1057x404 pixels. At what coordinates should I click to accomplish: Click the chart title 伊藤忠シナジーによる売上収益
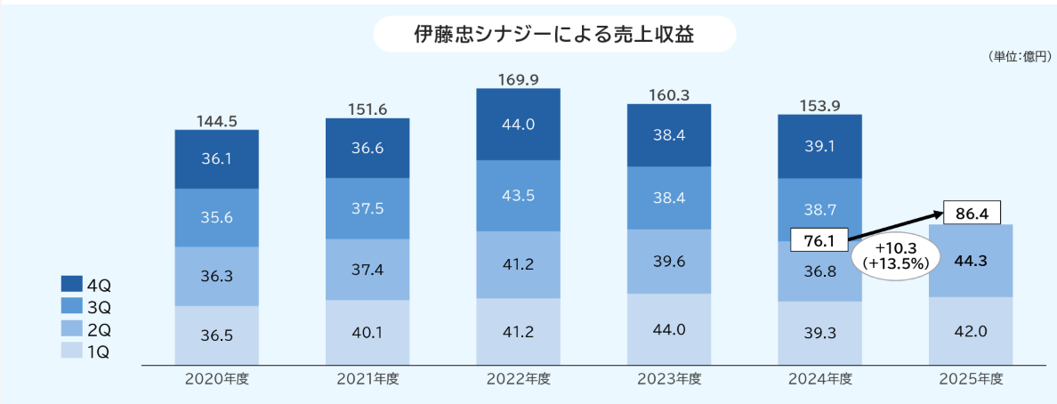553,35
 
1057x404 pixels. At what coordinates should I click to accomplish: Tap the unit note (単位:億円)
1018,57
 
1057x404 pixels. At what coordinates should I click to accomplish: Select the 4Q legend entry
85,285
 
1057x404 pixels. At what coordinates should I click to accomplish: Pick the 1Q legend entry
85,351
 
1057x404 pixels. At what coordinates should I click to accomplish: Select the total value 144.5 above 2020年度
216,121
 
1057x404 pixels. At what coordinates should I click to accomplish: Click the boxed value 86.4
971,214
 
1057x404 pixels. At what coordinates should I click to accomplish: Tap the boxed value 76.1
819,240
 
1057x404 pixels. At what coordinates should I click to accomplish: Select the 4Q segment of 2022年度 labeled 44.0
518,125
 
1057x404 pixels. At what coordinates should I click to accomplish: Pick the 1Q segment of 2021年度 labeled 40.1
367,332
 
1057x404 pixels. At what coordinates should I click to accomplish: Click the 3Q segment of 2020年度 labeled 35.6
216,217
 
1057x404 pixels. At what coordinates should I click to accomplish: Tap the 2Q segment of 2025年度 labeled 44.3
971,261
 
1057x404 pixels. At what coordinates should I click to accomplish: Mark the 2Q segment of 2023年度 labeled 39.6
669,261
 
